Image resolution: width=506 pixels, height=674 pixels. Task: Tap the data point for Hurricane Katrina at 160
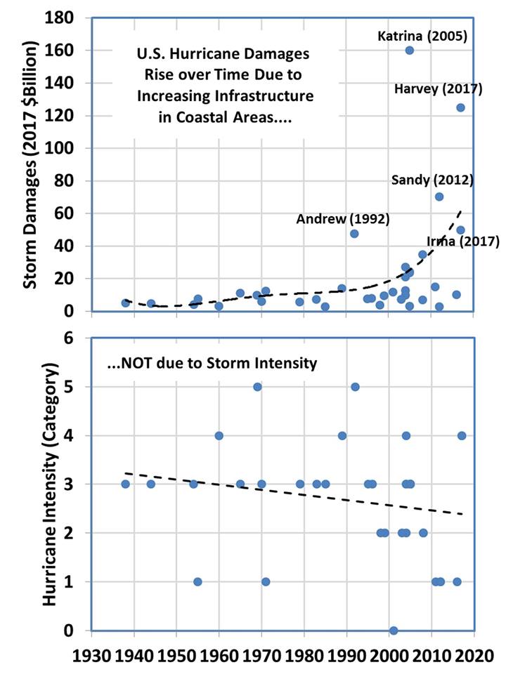(x=410, y=50)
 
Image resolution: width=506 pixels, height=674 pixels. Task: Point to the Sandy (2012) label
(x=432, y=180)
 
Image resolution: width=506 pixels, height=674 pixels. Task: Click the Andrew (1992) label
(x=332, y=219)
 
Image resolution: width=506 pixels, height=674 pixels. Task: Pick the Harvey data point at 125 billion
(x=461, y=107)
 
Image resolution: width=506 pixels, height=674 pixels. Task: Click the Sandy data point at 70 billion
(x=439, y=197)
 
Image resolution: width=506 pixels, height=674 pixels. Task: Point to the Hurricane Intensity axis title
(x=49, y=484)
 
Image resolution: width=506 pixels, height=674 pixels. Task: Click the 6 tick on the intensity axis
(x=86, y=338)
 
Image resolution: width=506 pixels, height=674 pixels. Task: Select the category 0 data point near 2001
(x=394, y=630)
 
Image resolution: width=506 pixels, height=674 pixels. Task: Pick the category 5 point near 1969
(x=257, y=387)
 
